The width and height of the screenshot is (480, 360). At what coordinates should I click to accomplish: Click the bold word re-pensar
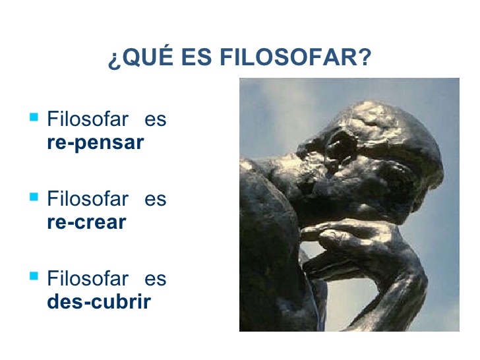point(95,142)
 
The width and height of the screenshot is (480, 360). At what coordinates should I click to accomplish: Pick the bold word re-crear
point(86,222)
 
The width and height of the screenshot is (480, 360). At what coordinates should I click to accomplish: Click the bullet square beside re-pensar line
point(34,118)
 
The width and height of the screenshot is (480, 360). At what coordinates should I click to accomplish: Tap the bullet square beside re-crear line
point(34,197)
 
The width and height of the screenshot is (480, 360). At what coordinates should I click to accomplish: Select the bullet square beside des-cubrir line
point(34,276)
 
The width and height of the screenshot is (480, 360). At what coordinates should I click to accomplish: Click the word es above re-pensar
point(155,120)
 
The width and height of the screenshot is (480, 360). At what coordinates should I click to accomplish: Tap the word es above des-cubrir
point(155,278)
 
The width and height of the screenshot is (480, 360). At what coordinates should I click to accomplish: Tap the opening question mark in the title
point(113,59)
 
